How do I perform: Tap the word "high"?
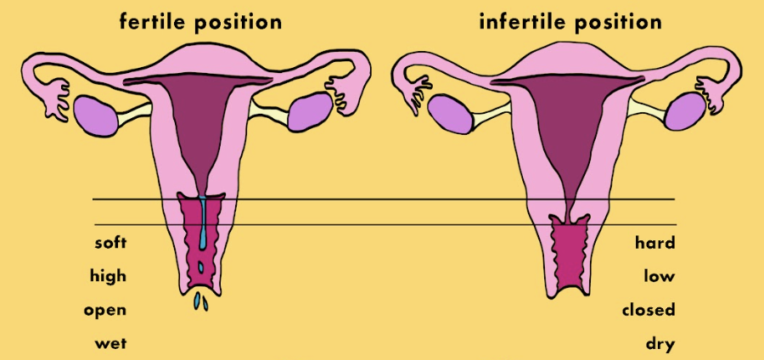(108, 276)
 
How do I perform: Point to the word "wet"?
(111, 343)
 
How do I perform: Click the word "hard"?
(654, 244)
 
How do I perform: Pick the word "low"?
(660, 276)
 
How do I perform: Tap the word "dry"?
(660, 344)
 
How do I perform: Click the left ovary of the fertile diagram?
(97, 113)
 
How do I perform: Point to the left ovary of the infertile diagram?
(450, 114)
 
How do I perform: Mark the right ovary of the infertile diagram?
(685, 113)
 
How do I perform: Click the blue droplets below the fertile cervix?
(200, 301)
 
